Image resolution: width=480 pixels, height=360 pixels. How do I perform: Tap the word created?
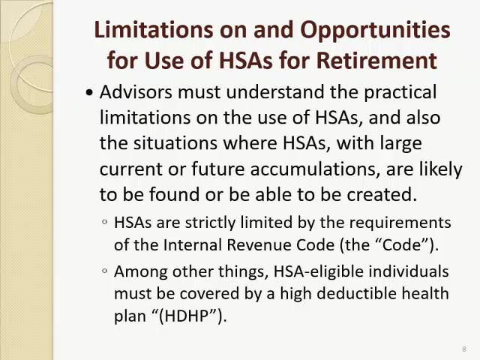[382, 194]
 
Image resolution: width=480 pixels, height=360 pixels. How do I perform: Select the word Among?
[139, 271]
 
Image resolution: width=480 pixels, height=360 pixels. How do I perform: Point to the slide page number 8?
[464, 349]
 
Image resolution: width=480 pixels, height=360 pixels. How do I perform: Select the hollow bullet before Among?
[104, 271]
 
